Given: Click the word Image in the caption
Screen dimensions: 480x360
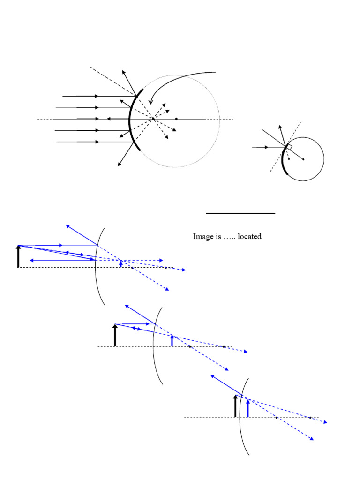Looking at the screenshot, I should tap(202, 237).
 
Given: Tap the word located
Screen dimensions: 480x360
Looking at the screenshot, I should tap(249, 237).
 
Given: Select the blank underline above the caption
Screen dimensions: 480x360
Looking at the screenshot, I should tap(240, 213).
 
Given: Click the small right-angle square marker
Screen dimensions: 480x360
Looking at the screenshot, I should tap(289, 147).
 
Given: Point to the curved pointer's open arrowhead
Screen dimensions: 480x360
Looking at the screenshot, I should tap(151, 102).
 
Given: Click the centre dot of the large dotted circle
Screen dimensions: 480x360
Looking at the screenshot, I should tap(176, 119).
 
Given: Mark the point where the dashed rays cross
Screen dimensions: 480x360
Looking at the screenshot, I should tap(153, 119).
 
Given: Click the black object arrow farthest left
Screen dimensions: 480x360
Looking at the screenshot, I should tap(18, 256).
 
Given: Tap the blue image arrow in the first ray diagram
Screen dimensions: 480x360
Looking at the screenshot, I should tap(121, 263).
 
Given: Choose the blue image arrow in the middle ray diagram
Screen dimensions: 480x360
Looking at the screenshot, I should tap(172, 340).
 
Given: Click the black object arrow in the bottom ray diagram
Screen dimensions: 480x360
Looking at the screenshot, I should tap(236, 406).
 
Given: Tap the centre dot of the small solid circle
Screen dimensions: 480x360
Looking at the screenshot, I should tap(303, 159).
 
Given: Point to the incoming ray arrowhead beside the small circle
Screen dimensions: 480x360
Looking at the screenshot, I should tap(267, 147).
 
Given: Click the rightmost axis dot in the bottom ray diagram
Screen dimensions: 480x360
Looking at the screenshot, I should tap(310, 417).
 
